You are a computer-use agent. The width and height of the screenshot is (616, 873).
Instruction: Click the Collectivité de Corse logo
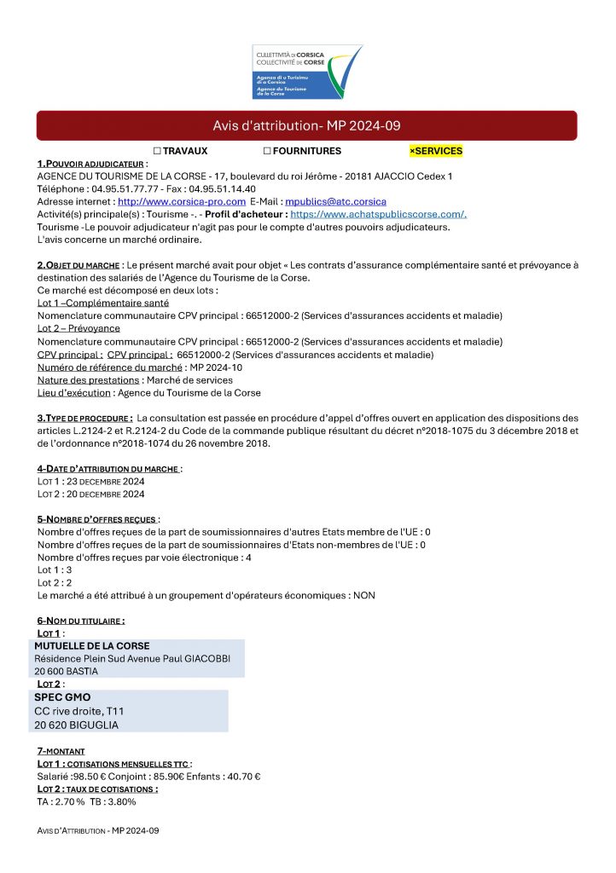point(307,72)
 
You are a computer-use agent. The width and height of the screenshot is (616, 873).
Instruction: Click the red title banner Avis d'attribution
point(306,126)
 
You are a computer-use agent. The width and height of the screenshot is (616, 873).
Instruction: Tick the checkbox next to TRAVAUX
point(158,151)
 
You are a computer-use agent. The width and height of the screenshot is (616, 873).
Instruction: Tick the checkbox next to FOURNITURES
point(267,151)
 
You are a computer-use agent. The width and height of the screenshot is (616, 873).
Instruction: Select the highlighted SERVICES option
point(436,151)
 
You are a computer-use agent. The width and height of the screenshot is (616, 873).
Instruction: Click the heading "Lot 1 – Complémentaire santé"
point(103,303)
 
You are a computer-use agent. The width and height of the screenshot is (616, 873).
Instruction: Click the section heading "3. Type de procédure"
point(84,418)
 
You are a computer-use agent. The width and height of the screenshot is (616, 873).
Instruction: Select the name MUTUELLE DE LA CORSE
point(92,646)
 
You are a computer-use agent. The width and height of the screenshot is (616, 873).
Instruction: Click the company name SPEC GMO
point(62,697)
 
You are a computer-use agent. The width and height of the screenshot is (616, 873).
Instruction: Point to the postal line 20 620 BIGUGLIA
point(77,725)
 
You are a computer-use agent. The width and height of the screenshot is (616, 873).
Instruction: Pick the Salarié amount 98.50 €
point(93,777)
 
